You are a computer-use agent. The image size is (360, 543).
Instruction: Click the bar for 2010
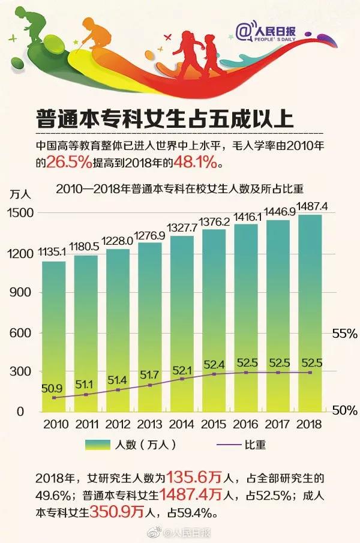53,336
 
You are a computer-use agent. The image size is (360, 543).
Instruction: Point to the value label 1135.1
54,253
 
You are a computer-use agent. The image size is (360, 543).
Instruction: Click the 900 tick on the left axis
20,293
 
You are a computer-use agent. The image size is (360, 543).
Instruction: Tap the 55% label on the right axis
344,334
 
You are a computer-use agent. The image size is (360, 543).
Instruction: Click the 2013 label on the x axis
149,424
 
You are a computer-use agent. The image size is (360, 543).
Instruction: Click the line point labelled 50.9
54,397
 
